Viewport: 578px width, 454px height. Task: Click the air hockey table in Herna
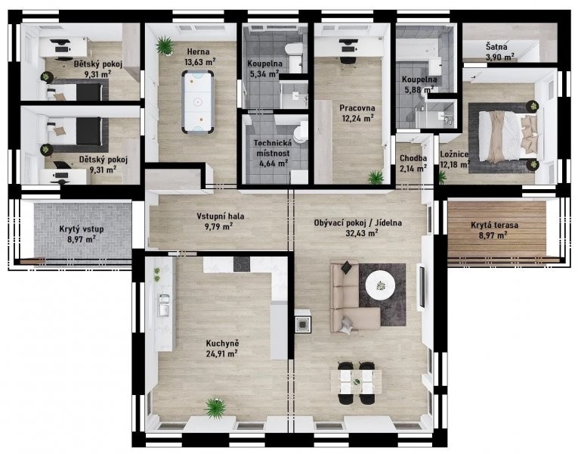point(198,101)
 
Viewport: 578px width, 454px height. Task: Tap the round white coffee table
point(380,285)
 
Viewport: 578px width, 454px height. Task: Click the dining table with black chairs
point(356,383)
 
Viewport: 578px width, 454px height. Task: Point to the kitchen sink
point(164,305)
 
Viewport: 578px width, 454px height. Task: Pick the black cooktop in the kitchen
point(242,263)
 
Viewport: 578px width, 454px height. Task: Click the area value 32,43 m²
point(362,233)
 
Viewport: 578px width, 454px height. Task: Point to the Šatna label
point(496,47)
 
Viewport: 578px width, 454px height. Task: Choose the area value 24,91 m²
point(221,353)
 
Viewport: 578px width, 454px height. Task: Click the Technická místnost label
point(273,148)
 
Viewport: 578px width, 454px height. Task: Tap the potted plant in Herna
point(165,45)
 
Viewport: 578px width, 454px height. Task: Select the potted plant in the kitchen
point(215,408)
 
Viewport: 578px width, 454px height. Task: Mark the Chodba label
point(413,158)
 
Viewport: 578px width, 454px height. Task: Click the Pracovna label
point(357,108)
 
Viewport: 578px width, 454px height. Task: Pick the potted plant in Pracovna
point(376,177)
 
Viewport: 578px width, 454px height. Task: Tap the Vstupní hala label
point(220,216)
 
